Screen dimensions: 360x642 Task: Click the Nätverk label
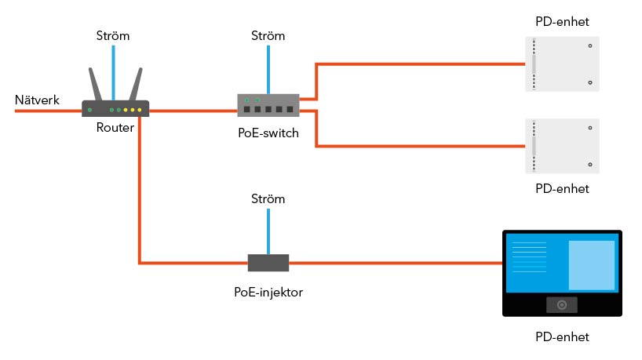37,100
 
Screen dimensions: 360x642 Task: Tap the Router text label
115,128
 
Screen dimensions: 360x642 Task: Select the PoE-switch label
268,133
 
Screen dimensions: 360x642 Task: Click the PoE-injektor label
268,292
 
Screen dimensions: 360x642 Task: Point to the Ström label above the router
113,36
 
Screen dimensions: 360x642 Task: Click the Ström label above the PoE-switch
268,36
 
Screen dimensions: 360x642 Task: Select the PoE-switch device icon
268,104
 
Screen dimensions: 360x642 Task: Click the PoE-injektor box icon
268,262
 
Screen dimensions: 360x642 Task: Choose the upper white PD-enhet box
562,64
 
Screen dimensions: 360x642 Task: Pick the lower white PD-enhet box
562,146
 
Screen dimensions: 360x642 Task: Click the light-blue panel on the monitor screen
591,264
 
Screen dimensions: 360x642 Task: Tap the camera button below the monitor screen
562,305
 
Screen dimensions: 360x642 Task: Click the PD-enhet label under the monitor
562,337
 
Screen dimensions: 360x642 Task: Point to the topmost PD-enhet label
562,21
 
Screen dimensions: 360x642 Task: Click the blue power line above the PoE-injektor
268,231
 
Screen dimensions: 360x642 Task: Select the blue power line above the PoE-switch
268,69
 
